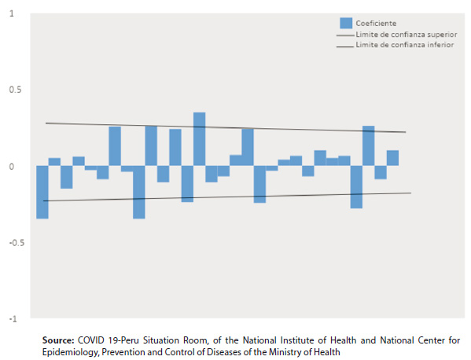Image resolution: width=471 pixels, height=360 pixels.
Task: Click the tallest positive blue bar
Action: point(199,138)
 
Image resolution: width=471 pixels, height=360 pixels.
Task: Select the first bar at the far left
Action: point(42,192)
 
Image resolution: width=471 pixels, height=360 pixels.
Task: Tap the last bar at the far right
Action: point(392,158)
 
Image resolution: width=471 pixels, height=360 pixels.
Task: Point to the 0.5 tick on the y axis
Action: point(15,90)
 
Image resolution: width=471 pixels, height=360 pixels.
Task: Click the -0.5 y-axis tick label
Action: point(17,243)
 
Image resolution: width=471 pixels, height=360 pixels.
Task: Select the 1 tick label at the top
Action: point(12,13)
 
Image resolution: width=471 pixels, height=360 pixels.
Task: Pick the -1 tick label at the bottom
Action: point(13,319)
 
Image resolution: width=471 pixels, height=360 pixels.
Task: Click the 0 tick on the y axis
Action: point(12,167)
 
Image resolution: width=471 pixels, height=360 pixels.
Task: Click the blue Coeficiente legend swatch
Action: point(346,23)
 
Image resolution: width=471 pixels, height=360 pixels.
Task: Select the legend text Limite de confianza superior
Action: point(407,35)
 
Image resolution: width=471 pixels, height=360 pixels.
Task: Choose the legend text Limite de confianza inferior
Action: point(405,45)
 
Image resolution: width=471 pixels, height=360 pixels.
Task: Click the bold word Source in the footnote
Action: point(58,340)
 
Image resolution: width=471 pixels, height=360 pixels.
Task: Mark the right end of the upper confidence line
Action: point(406,132)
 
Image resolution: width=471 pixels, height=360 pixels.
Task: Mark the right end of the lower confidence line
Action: point(411,193)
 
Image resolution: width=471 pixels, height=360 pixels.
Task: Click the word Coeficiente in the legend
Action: point(376,24)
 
